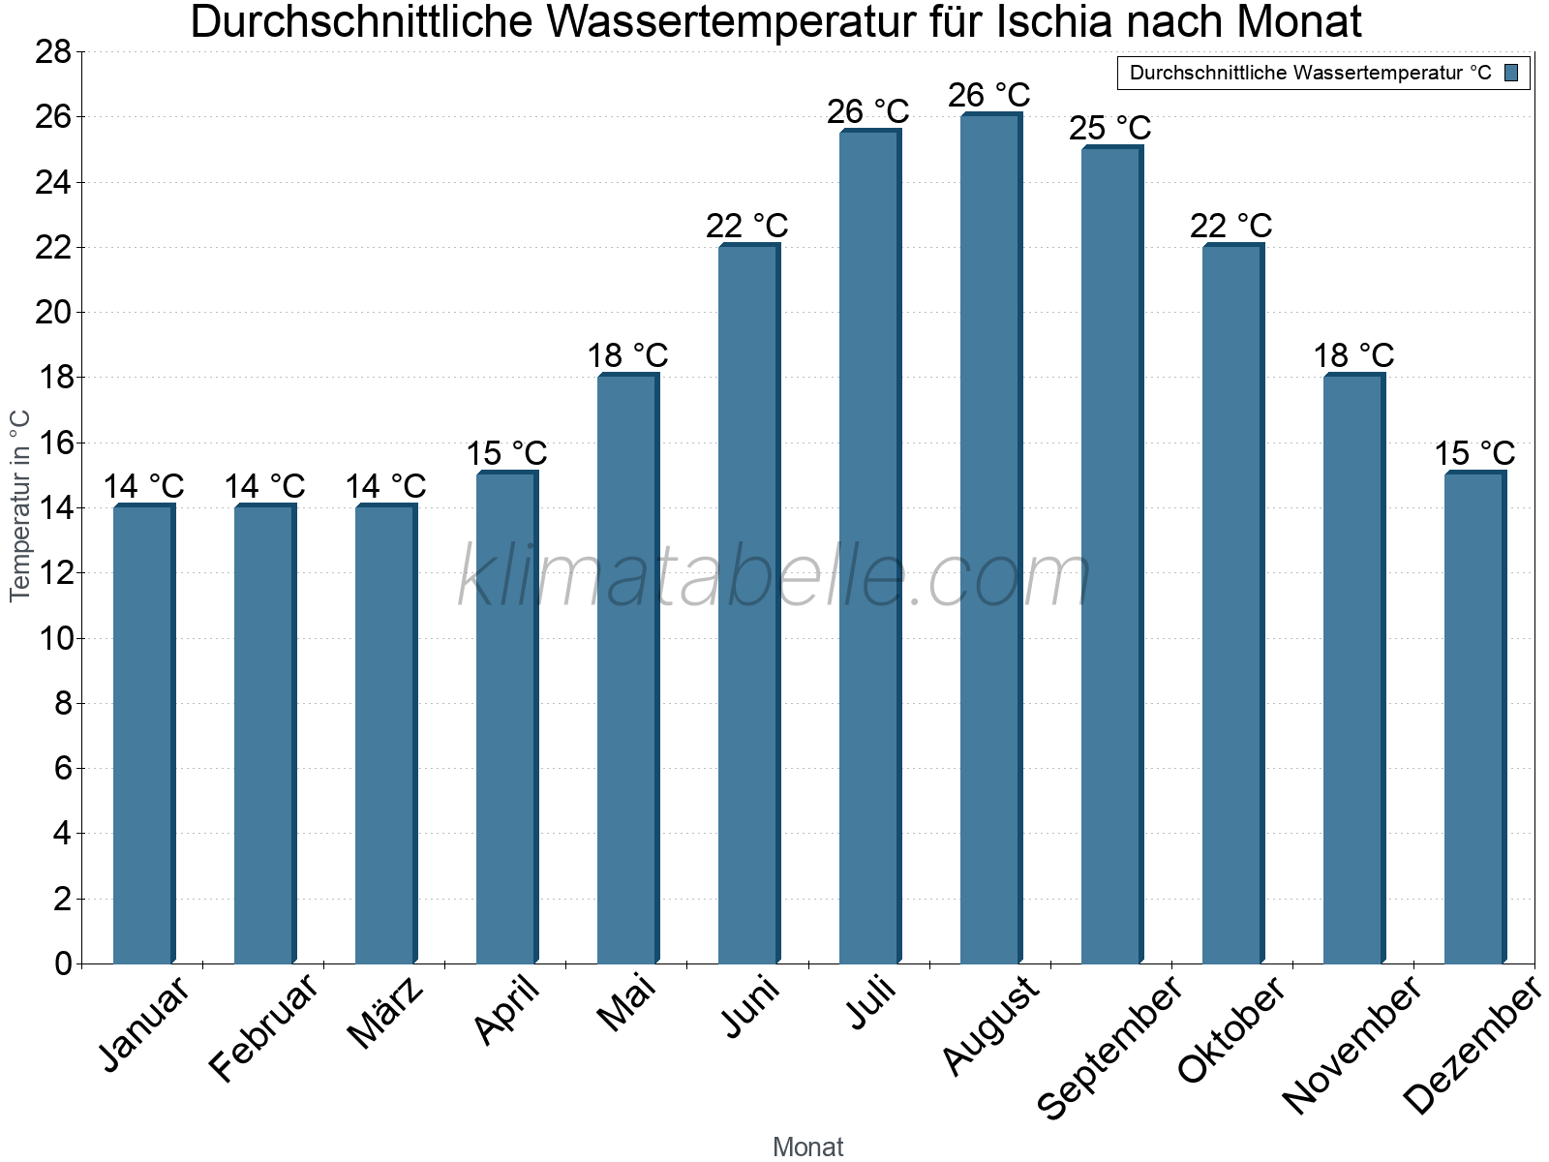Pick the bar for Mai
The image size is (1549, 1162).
pyautogui.click(x=627, y=669)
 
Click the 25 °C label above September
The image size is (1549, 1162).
pyautogui.click(x=1109, y=128)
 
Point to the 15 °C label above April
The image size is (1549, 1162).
pyautogui.click(x=506, y=453)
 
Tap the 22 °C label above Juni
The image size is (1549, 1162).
pyautogui.click(x=746, y=226)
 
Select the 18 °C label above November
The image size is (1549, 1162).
pyautogui.click(x=1353, y=356)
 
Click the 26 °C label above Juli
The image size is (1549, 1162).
pyautogui.click(x=867, y=112)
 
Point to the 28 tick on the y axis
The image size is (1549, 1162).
pyautogui.click(x=53, y=51)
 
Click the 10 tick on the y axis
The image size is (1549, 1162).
pyautogui.click(x=53, y=638)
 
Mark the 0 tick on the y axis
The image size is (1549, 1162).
pyautogui.click(x=63, y=963)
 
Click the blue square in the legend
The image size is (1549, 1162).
pyautogui.click(x=1511, y=73)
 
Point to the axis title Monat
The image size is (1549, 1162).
pyautogui.click(x=807, y=1147)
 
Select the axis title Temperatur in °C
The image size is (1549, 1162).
pyautogui.click(x=20, y=506)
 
